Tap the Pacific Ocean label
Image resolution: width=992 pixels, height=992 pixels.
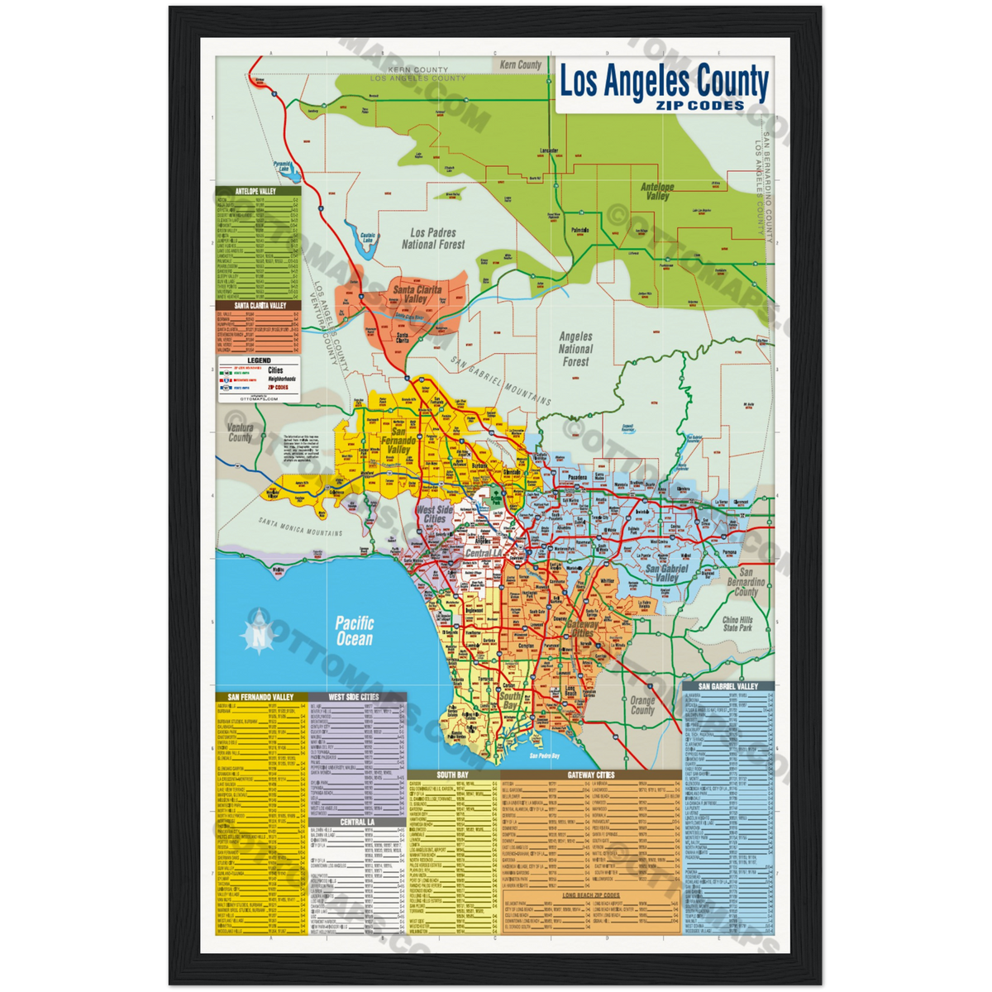click(x=354, y=632)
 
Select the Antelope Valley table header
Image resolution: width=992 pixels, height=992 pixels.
click(x=255, y=191)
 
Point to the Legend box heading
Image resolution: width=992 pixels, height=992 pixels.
click(x=259, y=361)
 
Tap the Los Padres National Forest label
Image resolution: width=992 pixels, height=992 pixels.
click(x=433, y=239)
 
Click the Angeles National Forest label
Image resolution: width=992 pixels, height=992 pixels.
click(x=575, y=349)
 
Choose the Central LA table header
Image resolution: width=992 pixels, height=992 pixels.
click(x=357, y=822)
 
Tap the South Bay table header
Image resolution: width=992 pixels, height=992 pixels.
click(x=453, y=775)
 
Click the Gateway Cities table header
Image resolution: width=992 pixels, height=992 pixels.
click(x=590, y=775)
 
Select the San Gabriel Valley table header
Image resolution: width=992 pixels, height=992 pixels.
click(x=727, y=686)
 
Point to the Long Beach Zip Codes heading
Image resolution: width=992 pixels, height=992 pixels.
click(x=591, y=895)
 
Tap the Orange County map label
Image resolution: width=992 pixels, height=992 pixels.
click(x=642, y=705)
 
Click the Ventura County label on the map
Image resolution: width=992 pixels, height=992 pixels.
click(x=240, y=432)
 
